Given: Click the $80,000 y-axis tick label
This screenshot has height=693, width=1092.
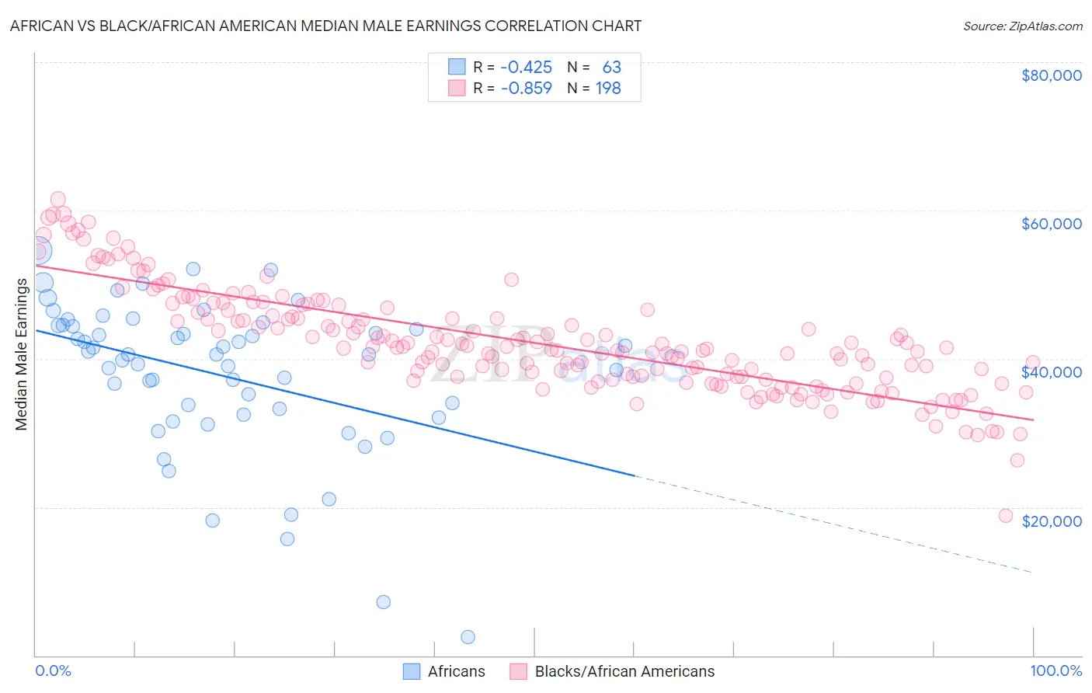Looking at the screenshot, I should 1051,75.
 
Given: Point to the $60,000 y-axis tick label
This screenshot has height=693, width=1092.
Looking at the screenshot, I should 1051,224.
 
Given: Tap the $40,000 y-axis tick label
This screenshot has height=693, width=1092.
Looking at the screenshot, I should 1051,372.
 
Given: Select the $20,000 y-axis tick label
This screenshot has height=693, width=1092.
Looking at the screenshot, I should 1051,521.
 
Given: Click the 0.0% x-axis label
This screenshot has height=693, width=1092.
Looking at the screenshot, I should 53,671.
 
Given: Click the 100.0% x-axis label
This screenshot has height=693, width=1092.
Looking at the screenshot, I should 1055,671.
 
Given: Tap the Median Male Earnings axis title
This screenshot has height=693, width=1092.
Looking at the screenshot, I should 21,354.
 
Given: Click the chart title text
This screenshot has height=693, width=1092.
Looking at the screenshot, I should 325,26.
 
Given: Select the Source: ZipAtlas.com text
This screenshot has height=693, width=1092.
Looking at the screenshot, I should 1022,26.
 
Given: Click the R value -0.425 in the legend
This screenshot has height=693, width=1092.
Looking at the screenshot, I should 526,68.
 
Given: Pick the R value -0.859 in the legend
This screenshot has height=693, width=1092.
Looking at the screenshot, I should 526,89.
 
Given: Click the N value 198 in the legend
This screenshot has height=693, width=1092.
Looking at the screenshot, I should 608,89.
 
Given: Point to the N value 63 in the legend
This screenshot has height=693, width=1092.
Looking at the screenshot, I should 611,68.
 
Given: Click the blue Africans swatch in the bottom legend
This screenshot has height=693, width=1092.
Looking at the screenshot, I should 412,671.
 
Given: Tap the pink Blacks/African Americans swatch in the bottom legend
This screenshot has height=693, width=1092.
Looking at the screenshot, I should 518,671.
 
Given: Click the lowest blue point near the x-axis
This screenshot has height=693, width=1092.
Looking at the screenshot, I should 468,637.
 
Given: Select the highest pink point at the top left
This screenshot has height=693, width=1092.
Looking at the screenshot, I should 57,200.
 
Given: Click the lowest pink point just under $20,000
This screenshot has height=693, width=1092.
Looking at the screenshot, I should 1006,516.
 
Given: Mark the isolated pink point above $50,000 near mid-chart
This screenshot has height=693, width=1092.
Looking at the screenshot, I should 511,280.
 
